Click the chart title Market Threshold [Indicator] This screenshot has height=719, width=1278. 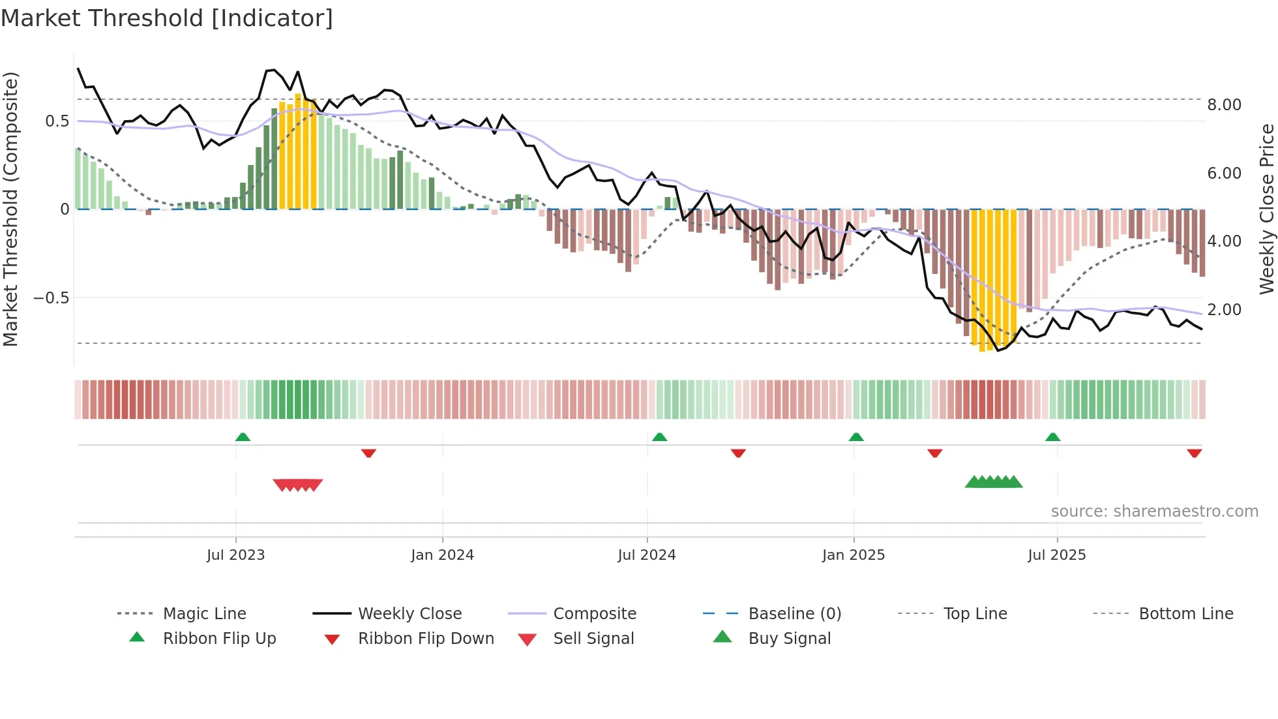(167, 18)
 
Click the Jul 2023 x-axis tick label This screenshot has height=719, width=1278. (235, 555)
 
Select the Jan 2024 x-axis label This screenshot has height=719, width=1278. (442, 555)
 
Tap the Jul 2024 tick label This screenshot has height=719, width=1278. (646, 555)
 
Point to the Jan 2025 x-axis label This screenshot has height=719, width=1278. (853, 555)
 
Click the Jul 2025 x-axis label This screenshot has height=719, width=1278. (1056, 555)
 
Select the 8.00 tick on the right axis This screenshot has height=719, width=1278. (1224, 105)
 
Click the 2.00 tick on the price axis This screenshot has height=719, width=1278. (1224, 310)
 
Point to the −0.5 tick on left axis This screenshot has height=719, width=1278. (51, 298)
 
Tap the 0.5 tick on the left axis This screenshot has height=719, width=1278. (57, 121)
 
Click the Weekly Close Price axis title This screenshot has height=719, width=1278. (1266, 209)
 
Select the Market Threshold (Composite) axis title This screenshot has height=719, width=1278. (10, 209)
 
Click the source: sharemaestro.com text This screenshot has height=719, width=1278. (1154, 512)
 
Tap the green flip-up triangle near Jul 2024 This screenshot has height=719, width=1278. (659, 437)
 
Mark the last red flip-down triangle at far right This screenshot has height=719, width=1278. (1194, 453)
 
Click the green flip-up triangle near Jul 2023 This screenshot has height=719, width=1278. (243, 437)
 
